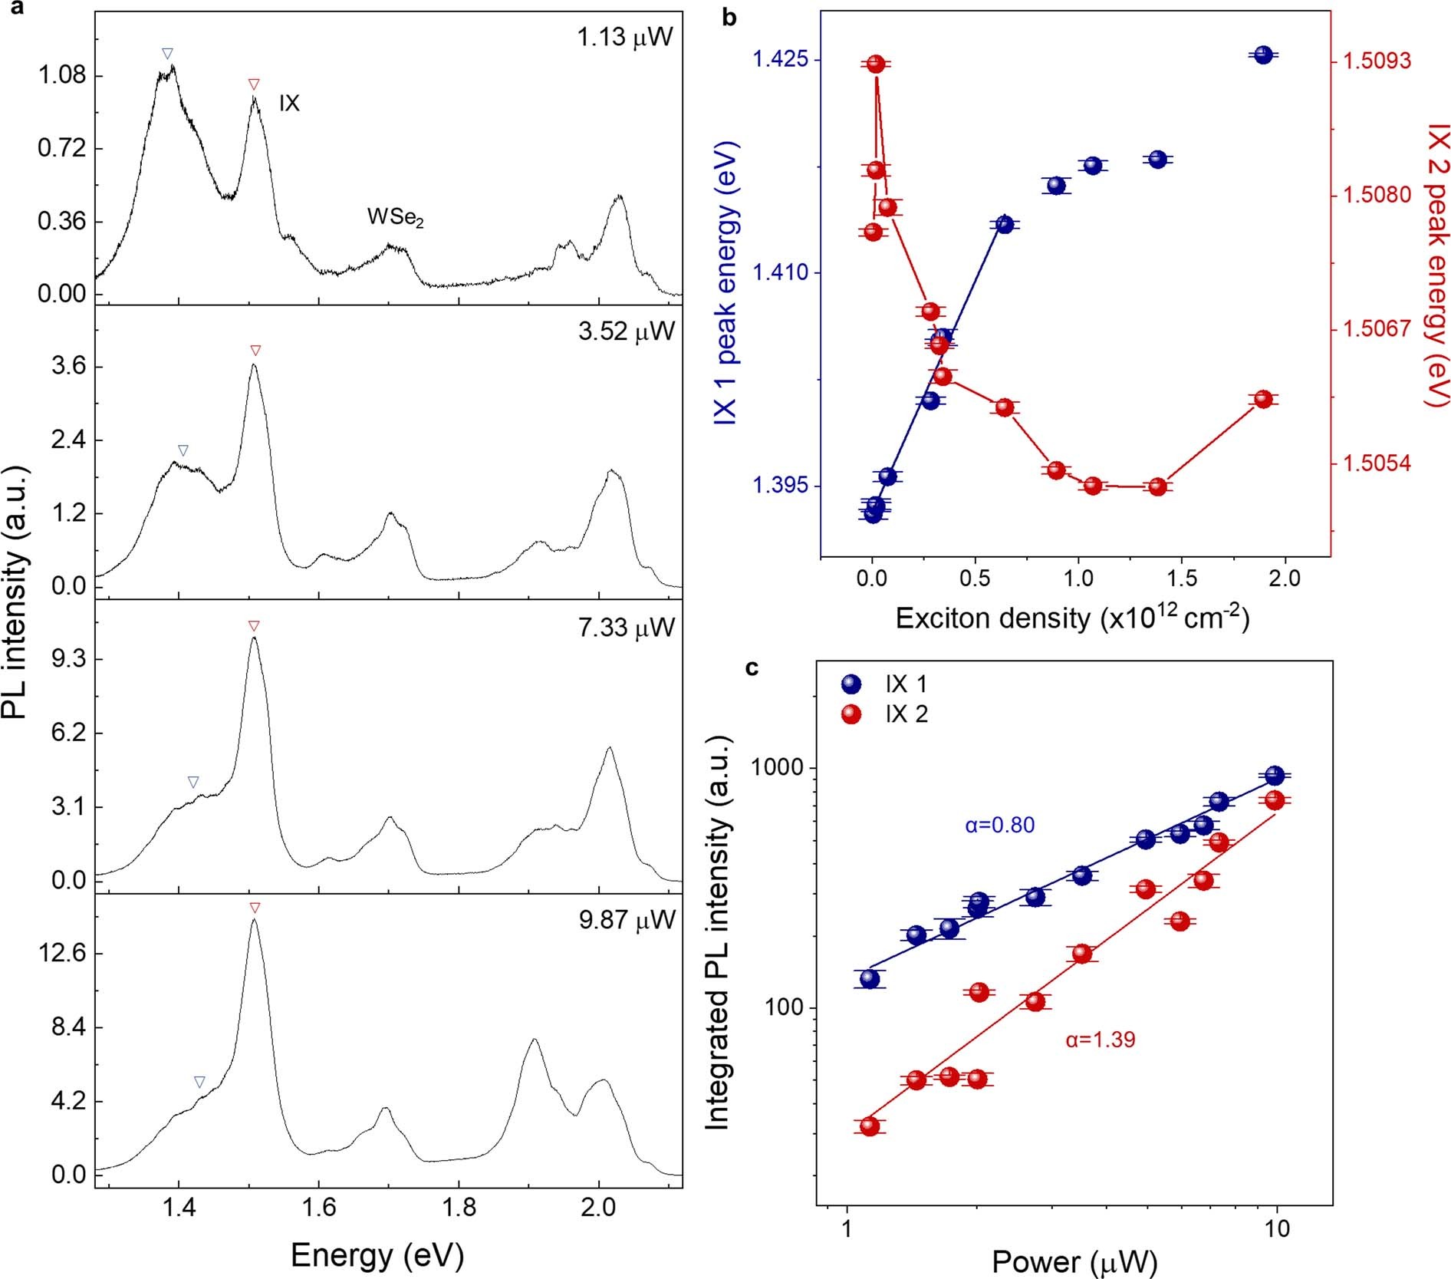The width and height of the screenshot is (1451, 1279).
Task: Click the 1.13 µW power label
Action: pos(625,38)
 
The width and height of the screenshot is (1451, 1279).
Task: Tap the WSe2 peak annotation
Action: pos(395,218)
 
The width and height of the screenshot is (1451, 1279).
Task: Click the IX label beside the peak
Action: pos(289,104)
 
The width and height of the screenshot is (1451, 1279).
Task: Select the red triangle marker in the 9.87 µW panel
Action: pos(255,908)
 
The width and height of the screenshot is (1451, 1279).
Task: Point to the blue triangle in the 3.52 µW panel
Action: pos(183,450)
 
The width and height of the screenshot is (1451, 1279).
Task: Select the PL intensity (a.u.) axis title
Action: pos(15,591)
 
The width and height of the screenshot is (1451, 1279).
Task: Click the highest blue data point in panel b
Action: pos(1263,54)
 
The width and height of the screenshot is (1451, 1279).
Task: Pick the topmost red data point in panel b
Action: pos(876,64)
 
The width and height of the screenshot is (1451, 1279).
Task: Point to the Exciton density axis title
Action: pos(1072,618)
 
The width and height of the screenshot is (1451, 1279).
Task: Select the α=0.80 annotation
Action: pos(999,826)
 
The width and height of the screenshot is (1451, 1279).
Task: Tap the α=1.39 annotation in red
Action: pos(1100,1040)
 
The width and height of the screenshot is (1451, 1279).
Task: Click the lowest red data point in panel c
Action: pos(869,1126)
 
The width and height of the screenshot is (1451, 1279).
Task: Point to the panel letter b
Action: pos(729,17)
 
